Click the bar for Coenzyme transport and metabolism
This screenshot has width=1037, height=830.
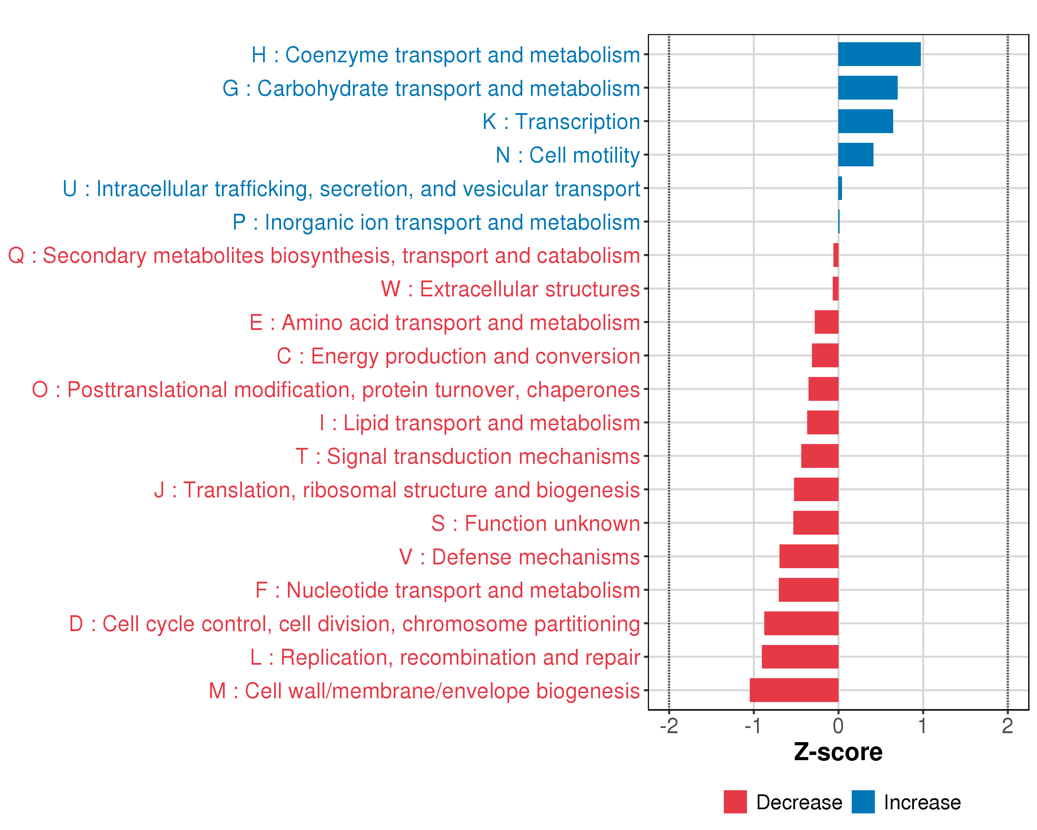[879, 54]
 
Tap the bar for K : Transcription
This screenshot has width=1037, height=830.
[865, 121]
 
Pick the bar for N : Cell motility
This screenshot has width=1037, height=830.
[856, 155]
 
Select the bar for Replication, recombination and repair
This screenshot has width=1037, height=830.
[800, 657]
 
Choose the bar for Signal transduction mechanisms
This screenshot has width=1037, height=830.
[820, 456]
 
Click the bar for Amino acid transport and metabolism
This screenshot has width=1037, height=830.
[826, 322]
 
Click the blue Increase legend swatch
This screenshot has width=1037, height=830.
[863, 802]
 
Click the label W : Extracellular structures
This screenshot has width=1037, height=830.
[510, 289]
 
